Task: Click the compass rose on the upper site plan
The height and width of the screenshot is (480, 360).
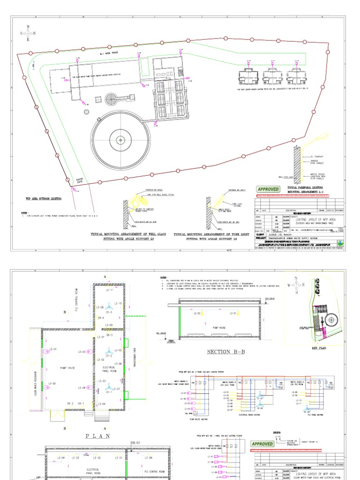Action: point(28,33)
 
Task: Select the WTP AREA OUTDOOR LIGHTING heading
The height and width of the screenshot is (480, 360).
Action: point(44,199)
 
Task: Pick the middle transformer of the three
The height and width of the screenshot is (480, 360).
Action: point(271,75)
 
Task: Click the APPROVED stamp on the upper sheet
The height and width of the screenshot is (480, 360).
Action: point(268,189)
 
